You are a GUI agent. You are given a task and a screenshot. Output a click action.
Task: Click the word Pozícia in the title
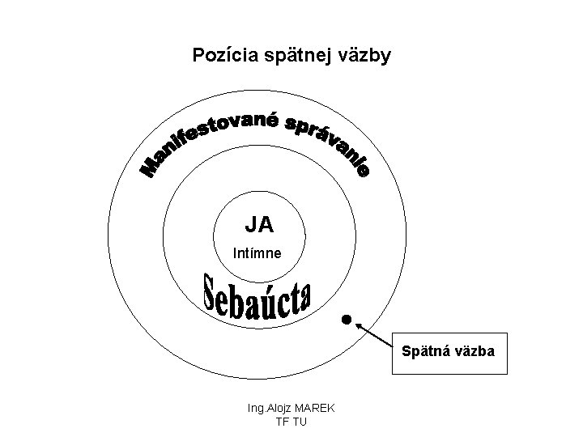pyautogui.click(x=219, y=55)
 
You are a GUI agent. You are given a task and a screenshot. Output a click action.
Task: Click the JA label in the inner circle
pyautogui.click(x=259, y=223)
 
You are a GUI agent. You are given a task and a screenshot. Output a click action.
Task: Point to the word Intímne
pyautogui.click(x=257, y=253)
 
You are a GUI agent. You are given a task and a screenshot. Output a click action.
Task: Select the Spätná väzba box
pyautogui.click(x=449, y=353)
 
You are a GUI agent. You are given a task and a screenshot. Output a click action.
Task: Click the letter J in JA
pyautogui.click(x=252, y=223)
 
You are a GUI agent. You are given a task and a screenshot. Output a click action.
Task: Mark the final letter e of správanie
pyautogui.click(x=364, y=172)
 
